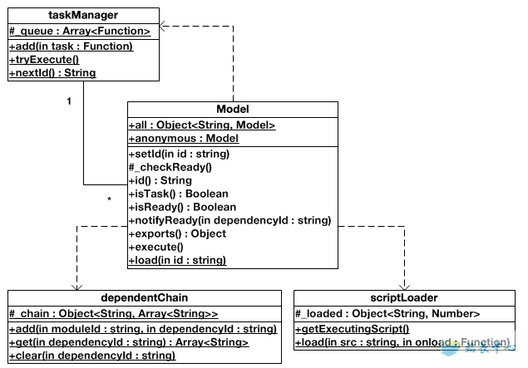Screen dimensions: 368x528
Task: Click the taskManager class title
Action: point(83,15)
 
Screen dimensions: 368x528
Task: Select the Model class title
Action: point(232,109)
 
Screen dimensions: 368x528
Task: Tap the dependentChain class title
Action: point(143,297)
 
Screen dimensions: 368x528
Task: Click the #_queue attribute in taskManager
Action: point(80,31)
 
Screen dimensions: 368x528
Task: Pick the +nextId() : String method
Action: point(52,73)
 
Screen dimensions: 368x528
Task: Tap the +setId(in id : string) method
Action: point(179,154)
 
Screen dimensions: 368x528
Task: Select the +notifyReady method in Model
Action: point(229,220)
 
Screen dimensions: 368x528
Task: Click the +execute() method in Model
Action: point(155,247)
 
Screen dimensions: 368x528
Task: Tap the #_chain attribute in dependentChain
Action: point(114,314)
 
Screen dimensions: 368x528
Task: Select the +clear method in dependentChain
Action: point(92,356)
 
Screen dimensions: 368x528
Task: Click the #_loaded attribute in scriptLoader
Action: point(387,314)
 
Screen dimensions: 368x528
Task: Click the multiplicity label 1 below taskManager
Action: point(68,101)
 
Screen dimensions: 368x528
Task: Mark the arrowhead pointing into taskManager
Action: point(165,27)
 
